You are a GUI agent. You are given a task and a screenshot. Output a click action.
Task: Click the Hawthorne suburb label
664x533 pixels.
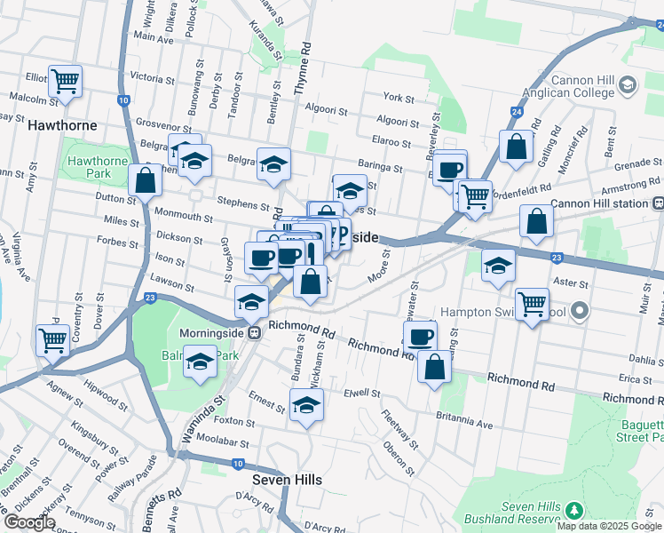click(62, 125)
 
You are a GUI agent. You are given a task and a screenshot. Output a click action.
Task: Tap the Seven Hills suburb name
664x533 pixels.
click(287, 479)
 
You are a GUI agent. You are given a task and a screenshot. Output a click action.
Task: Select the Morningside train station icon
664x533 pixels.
click(254, 333)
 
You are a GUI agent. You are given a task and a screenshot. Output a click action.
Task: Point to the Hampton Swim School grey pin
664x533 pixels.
click(581, 312)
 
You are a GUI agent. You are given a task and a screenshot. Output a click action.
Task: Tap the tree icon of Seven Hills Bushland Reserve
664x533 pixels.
click(573, 510)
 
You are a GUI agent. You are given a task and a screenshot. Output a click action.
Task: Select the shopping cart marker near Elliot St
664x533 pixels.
click(65, 82)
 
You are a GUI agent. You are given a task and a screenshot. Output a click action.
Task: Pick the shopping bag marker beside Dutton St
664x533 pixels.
click(145, 180)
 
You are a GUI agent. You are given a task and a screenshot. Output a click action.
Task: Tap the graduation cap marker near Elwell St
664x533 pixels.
click(306, 406)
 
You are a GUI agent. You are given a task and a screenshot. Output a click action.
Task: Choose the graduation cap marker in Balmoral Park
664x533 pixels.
click(201, 363)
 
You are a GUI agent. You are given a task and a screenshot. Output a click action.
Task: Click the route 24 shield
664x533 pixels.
click(516, 112)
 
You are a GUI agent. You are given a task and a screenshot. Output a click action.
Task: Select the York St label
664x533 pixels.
click(399, 98)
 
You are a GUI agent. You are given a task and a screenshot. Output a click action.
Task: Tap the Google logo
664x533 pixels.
click(29, 521)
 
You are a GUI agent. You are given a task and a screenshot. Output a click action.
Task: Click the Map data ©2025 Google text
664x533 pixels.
click(609, 526)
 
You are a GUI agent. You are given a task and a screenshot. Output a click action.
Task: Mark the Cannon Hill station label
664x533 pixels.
click(601, 203)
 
